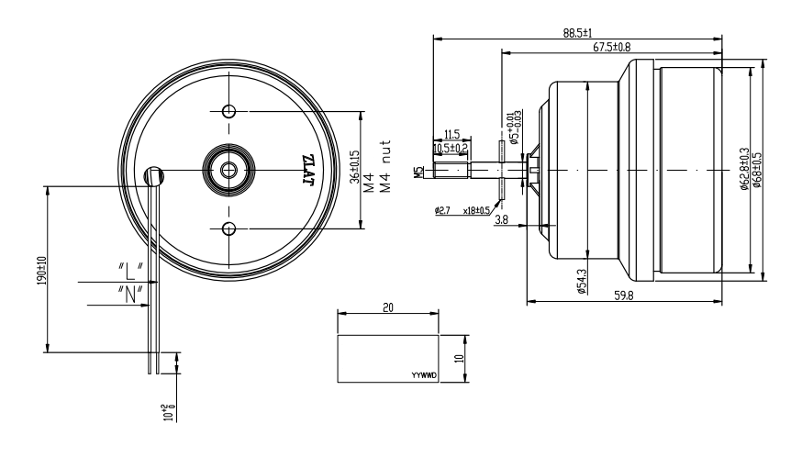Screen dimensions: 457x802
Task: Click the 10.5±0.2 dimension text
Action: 451,147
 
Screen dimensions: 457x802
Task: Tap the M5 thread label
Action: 418,171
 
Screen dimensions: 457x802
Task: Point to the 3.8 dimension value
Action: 502,220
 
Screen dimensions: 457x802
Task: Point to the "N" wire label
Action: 129,294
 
